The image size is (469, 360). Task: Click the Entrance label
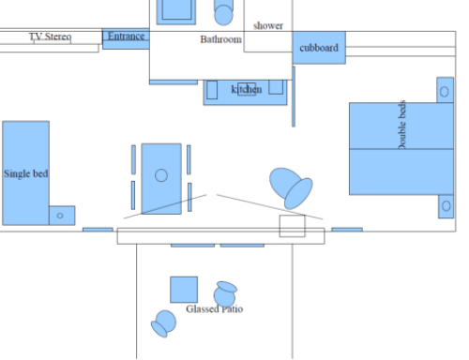click(x=126, y=37)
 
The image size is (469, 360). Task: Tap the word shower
click(x=268, y=25)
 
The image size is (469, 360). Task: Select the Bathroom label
click(x=220, y=39)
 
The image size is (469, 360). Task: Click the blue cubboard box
click(x=319, y=48)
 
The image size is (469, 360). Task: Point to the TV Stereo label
click(x=50, y=37)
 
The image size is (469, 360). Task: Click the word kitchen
click(x=247, y=89)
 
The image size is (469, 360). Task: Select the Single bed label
click(x=26, y=173)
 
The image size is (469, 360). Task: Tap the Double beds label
click(x=402, y=125)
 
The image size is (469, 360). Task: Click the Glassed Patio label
click(x=215, y=309)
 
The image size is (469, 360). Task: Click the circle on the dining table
click(x=161, y=175)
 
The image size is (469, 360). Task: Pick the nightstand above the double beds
click(x=445, y=90)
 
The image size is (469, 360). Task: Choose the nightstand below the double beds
click(x=446, y=206)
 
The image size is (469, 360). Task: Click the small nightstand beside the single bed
click(x=62, y=216)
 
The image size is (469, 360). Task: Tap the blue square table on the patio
click(x=184, y=290)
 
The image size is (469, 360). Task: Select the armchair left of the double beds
click(x=291, y=188)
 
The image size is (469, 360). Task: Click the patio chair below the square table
click(x=163, y=323)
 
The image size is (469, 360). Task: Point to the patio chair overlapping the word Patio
click(x=225, y=294)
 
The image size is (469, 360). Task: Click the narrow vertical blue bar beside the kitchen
click(x=294, y=97)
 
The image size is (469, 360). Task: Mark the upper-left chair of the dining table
click(x=133, y=159)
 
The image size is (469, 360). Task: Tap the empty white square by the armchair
click(x=292, y=226)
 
